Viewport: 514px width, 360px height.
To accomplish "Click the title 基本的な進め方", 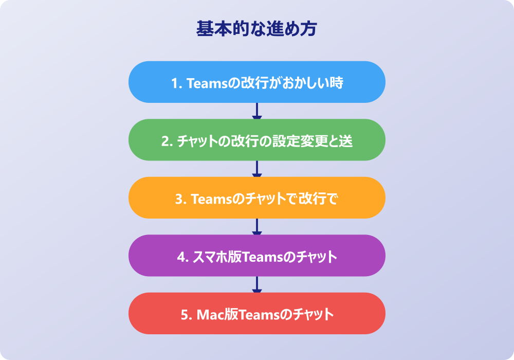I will pyautogui.click(x=256, y=29).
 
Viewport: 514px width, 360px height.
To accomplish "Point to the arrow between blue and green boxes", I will pyautogui.click(x=257, y=111).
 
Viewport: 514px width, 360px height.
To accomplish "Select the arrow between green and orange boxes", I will pyautogui.click(x=257, y=169).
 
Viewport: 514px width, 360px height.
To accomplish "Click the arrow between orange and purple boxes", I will pyautogui.click(x=257, y=227).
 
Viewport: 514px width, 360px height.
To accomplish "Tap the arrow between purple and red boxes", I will pyautogui.click(x=257, y=284).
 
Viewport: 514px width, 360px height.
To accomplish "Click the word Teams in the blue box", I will pyautogui.click(x=206, y=83).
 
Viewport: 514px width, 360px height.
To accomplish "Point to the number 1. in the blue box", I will pyautogui.click(x=176, y=83).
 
